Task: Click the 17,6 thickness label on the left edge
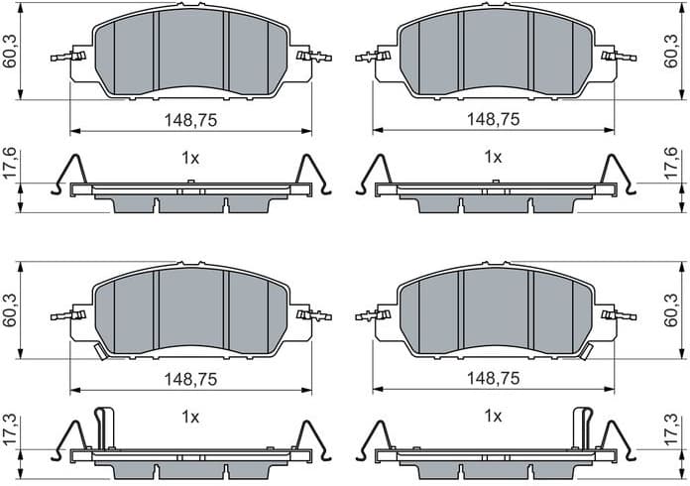pyautogui.click(x=10, y=164)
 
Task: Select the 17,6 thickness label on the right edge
pyautogui.click(x=671, y=164)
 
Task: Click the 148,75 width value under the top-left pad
pyautogui.click(x=190, y=119)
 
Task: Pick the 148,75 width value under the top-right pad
pyautogui.click(x=493, y=119)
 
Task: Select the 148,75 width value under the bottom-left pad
pyautogui.click(x=190, y=378)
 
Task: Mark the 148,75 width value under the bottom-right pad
pyautogui.click(x=493, y=378)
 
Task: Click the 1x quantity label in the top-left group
pyautogui.click(x=190, y=157)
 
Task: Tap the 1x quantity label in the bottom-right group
pyautogui.click(x=493, y=418)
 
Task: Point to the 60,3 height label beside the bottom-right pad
pyautogui.click(x=671, y=309)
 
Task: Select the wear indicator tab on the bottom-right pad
pyautogui.click(x=586, y=351)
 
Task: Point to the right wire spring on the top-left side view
pyautogui.click(x=312, y=175)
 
